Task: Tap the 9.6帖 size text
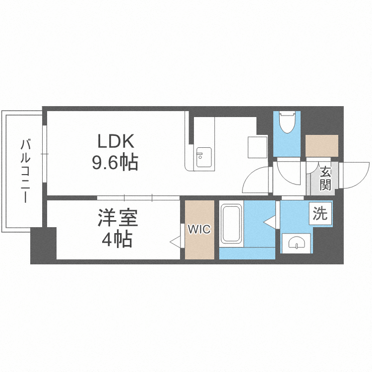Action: (116, 162)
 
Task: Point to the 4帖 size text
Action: (117, 240)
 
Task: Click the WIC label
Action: (199, 229)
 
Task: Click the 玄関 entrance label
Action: (325, 179)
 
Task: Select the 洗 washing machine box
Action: (320, 214)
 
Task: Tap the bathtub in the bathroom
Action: (231, 224)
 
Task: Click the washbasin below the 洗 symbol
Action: (297, 243)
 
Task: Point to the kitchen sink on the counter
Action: (203, 158)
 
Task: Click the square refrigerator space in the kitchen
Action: (258, 147)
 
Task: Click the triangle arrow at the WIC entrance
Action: (175, 242)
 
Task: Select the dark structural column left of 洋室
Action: (43, 246)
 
